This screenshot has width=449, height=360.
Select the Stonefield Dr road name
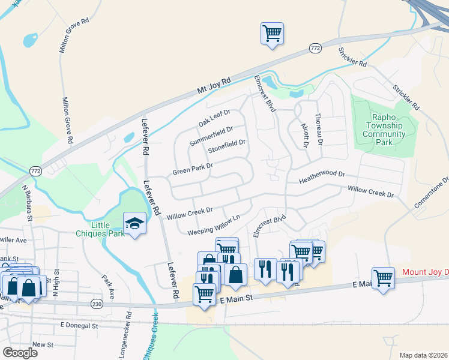(x=226, y=146)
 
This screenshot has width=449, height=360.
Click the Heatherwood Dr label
(x=322, y=178)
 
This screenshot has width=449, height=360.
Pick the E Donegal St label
(x=79, y=325)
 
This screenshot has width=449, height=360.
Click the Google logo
(x=20, y=353)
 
